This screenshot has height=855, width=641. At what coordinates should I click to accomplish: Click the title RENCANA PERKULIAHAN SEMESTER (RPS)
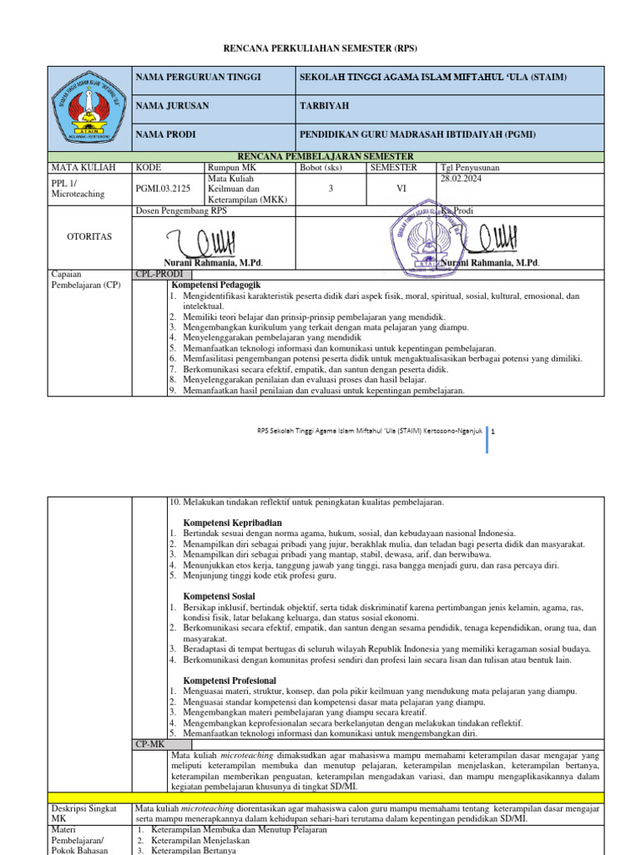pyautogui.click(x=320, y=50)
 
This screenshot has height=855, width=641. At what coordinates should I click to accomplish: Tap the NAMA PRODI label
pyautogui.click(x=166, y=134)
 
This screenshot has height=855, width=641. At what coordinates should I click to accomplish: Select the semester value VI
pyautogui.click(x=401, y=190)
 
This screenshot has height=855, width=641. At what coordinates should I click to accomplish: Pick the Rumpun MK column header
pyautogui.click(x=231, y=167)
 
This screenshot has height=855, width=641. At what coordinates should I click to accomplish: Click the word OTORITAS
pyautogui.click(x=88, y=236)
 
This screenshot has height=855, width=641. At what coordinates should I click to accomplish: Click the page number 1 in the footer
pyautogui.click(x=494, y=432)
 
